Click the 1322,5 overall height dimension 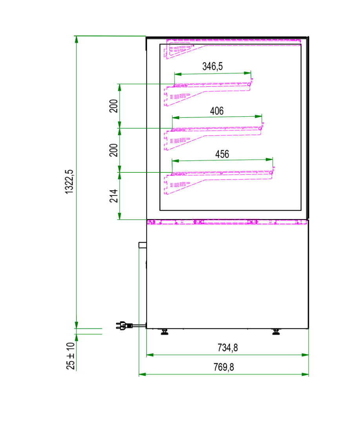(x=69, y=182)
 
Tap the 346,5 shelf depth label (x=213, y=66)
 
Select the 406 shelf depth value (x=217, y=111)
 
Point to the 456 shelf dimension (x=222, y=154)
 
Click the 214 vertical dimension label (x=114, y=196)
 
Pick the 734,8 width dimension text (x=228, y=347)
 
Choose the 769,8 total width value (x=224, y=367)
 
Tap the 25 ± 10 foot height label (x=71, y=356)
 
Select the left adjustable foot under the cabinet (x=164, y=332)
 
